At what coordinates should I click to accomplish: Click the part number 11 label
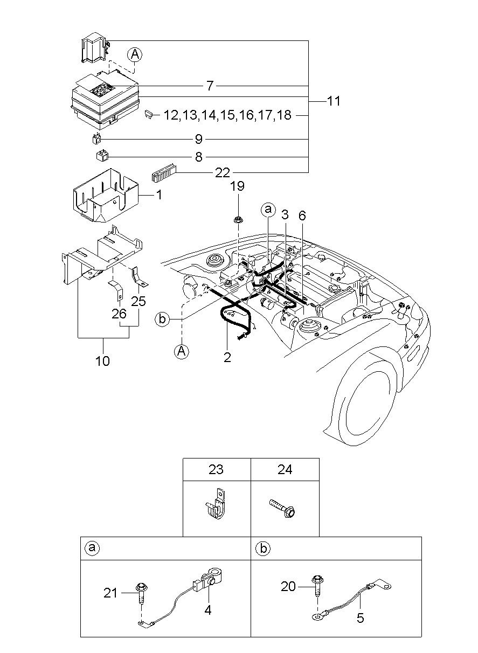[333, 101]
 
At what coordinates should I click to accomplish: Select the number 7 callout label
[210, 86]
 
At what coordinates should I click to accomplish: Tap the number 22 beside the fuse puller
[222, 172]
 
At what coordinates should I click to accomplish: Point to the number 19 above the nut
[238, 186]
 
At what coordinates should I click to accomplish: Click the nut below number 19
[237, 219]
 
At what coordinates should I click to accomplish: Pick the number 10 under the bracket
[102, 360]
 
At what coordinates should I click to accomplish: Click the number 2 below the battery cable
[227, 357]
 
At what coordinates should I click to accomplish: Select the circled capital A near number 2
[182, 351]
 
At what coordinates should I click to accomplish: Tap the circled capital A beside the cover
[135, 54]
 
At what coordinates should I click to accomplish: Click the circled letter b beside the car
[161, 319]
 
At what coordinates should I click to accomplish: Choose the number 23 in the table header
[216, 470]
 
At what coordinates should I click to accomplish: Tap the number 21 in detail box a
[110, 593]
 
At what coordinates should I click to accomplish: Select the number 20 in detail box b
[288, 586]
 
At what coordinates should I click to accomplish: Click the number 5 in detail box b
[360, 618]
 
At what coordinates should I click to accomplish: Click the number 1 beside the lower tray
[159, 194]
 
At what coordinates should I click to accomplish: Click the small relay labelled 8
[100, 156]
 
